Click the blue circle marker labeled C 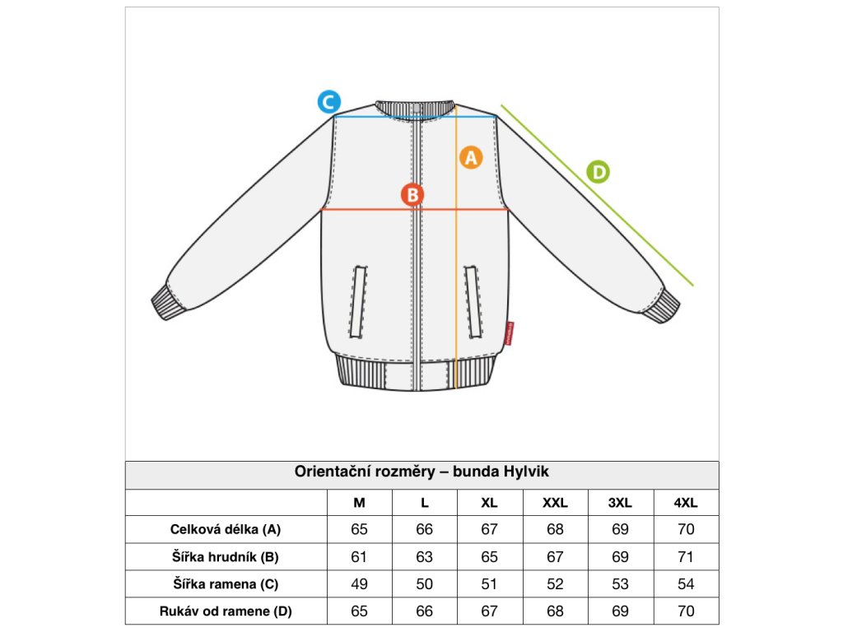pyautogui.click(x=328, y=102)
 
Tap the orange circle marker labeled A pyautogui.click(x=470, y=156)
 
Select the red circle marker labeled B pyautogui.click(x=412, y=195)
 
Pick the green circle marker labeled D pyautogui.click(x=598, y=172)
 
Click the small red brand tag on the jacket pyautogui.click(x=510, y=332)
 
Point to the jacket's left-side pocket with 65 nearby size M pyautogui.click(x=360, y=301)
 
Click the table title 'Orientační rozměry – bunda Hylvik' pyautogui.click(x=421, y=472)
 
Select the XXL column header pyautogui.click(x=555, y=503)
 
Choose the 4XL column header pyautogui.click(x=686, y=503)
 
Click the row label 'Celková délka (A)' pyautogui.click(x=226, y=529)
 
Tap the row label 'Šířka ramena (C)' pyautogui.click(x=226, y=584)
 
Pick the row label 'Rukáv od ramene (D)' pyautogui.click(x=226, y=611)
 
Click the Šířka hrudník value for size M pyautogui.click(x=359, y=557)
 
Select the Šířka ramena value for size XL pyautogui.click(x=489, y=584)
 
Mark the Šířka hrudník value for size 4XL pyautogui.click(x=686, y=557)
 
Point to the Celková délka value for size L pyautogui.click(x=424, y=529)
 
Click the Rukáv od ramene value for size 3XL pyautogui.click(x=620, y=611)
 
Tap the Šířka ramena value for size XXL pyautogui.click(x=555, y=584)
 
